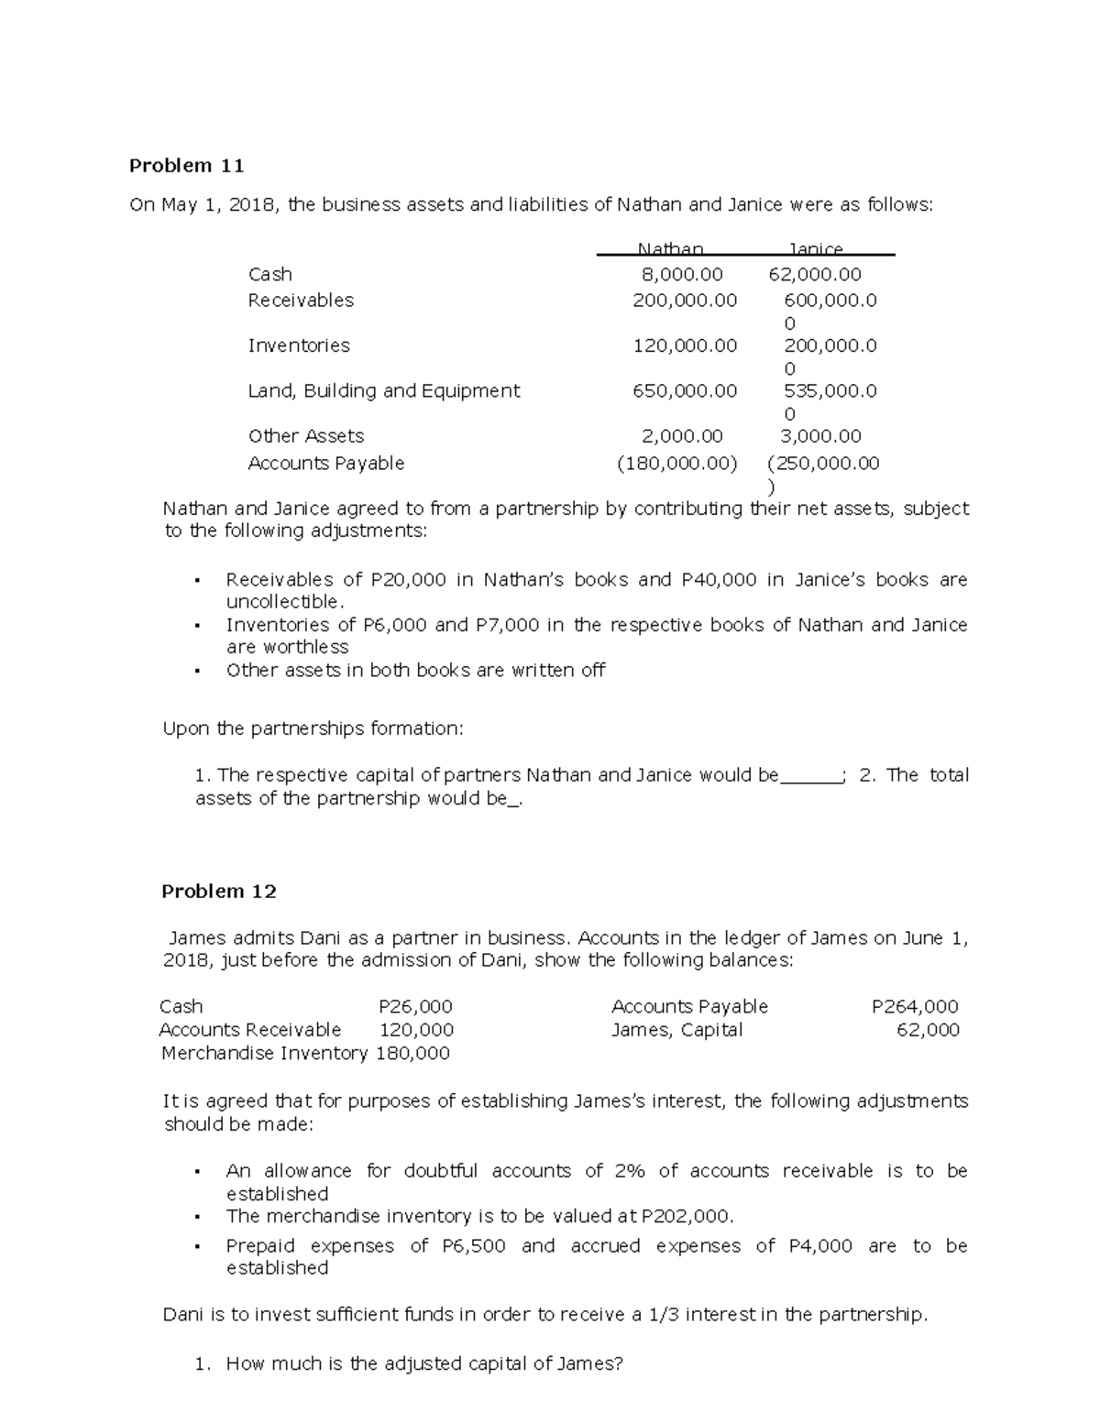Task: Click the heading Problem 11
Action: click(186, 166)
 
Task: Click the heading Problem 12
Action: click(219, 892)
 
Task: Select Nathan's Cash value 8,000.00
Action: click(683, 274)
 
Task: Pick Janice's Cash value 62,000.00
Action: click(815, 274)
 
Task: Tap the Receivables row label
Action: click(301, 301)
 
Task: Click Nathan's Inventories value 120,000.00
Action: click(684, 345)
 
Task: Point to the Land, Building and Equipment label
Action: click(383, 390)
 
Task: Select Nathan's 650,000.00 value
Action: click(684, 390)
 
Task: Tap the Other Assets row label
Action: click(305, 436)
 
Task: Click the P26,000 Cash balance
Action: click(415, 1007)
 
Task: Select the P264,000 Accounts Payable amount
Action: click(914, 1007)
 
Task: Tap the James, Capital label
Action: click(676, 1030)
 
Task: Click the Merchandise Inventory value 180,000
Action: click(412, 1054)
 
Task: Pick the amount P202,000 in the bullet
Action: click(687, 1217)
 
